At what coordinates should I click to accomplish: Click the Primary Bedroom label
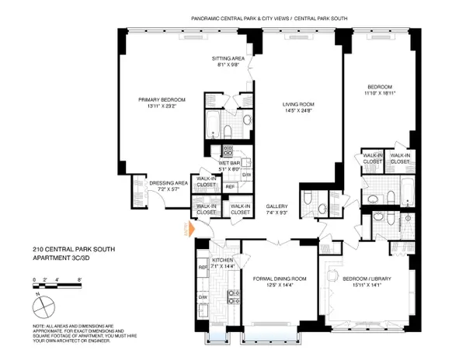click(x=162, y=99)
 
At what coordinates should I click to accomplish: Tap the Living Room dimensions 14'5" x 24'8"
click(x=297, y=110)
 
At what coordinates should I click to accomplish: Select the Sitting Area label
click(x=228, y=58)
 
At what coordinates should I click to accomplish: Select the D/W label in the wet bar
click(x=247, y=175)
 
